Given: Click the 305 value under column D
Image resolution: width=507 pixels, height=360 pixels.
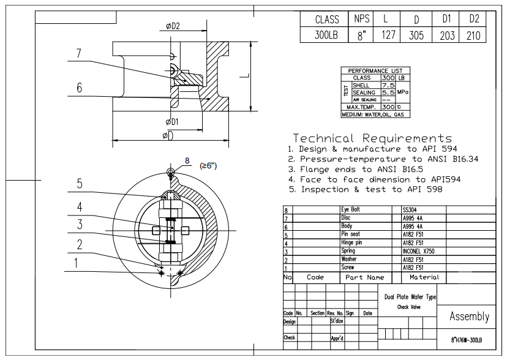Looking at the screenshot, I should (415, 36).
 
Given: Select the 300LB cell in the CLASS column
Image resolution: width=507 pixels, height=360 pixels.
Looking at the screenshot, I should (326, 36).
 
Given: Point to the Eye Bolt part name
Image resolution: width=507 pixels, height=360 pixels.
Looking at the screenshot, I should (350, 209).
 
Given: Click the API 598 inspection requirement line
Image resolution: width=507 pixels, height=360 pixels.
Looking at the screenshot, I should (365, 189).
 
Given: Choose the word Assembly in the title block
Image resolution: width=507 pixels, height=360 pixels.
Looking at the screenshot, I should (469, 317).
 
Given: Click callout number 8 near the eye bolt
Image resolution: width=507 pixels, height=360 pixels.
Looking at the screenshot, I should (188, 161).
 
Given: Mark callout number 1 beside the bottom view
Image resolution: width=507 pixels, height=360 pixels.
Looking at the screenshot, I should (77, 264).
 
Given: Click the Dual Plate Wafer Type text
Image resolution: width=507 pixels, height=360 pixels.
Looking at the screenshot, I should (410, 297).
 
